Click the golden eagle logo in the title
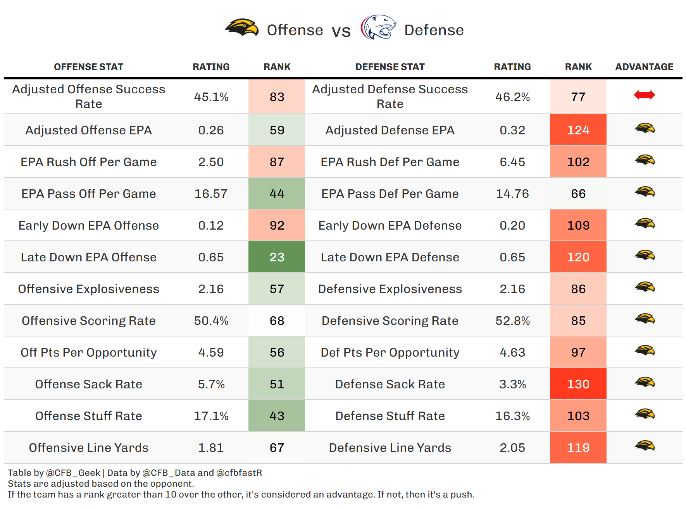[x=242, y=28]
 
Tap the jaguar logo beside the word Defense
[x=378, y=27]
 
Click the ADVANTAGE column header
[x=644, y=67]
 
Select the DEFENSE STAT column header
[x=390, y=67]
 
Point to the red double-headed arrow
[x=644, y=95]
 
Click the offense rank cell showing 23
[x=277, y=257]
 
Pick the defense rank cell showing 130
[x=578, y=384]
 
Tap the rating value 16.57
[x=211, y=194]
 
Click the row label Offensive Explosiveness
[x=88, y=289]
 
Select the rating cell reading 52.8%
[x=512, y=321]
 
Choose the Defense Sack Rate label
[x=390, y=384]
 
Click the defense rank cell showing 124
[x=578, y=130]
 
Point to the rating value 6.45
[x=512, y=162]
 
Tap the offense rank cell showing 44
[x=277, y=194]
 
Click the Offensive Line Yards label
[x=88, y=448]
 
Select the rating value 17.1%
[x=211, y=416]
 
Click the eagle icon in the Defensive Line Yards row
[x=644, y=446]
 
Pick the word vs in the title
[x=341, y=31]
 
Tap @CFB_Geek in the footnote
[x=73, y=473]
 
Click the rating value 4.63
[x=512, y=352]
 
